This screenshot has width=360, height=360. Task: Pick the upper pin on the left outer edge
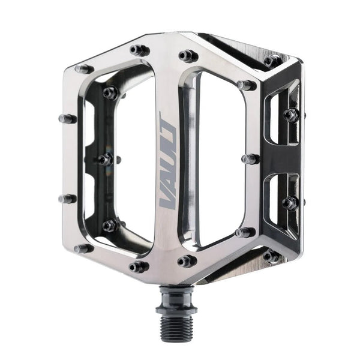(x=68, y=118)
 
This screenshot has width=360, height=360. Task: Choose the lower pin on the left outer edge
(x=67, y=198)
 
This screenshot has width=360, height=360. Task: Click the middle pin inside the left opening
(x=106, y=159)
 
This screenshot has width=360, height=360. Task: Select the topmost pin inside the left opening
(x=110, y=93)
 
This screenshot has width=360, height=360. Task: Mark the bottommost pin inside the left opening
(x=110, y=226)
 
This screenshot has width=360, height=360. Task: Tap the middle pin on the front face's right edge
(x=250, y=159)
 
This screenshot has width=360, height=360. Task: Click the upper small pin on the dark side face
(x=291, y=115)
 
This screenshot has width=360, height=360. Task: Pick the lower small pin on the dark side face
(x=290, y=203)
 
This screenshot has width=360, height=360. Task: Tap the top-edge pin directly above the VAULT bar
(x=188, y=56)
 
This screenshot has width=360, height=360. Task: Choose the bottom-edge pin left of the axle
(x=139, y=266)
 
